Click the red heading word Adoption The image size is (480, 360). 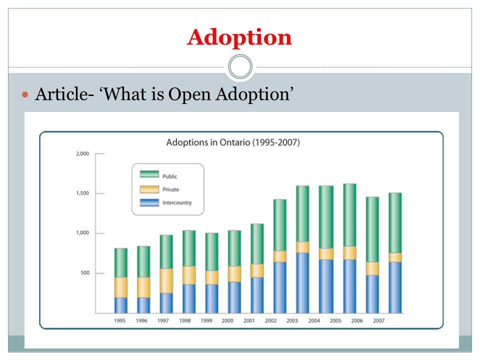pos(239,37)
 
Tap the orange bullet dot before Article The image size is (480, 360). pos(25,94)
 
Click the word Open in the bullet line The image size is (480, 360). pos(189,94)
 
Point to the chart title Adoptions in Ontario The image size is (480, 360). pos(233,142)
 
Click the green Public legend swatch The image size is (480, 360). pos(149,174)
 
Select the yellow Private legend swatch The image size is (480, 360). pos(149,189)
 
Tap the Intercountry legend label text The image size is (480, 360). pos(177,202)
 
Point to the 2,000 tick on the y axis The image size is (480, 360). pos(82,153)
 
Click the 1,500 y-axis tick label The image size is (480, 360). pos(82,193)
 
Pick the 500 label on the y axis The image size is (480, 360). pos(85,273)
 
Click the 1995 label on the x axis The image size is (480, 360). pos(119,320)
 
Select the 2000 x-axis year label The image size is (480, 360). pos(227,320)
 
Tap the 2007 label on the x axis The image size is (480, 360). pos(378,320)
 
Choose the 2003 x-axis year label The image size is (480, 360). pos(292,320)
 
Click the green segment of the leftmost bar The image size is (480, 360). pos(121,263)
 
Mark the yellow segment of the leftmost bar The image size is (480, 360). pos(121,287)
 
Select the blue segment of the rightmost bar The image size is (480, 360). pos(395,287)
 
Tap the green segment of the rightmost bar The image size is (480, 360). pos(395,223)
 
